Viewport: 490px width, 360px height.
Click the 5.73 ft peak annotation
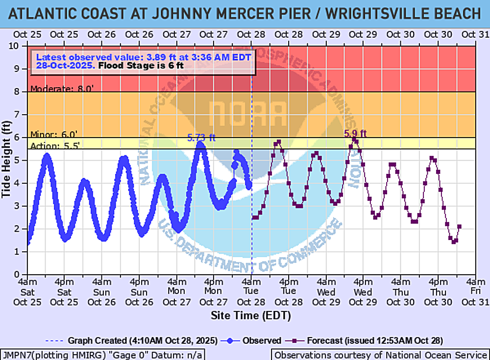pos(201,138)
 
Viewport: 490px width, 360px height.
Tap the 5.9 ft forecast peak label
pos(356,133)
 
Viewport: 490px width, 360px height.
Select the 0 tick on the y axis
pos(22,274)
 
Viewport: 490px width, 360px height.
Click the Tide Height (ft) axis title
pos(7,160)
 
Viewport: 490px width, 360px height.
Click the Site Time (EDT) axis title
pos(251,315)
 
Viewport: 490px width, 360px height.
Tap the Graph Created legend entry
pos(125,340)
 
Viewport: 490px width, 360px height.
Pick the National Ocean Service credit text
pos(380,355)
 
